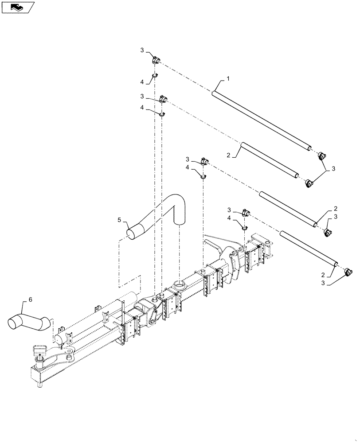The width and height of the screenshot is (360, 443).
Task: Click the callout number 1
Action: coord(228,78)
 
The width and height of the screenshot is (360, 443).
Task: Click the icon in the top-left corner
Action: coord(18,7)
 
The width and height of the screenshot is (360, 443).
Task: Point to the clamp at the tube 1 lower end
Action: coord(322,155)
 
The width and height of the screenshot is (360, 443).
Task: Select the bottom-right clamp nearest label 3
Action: coord(348,271)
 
